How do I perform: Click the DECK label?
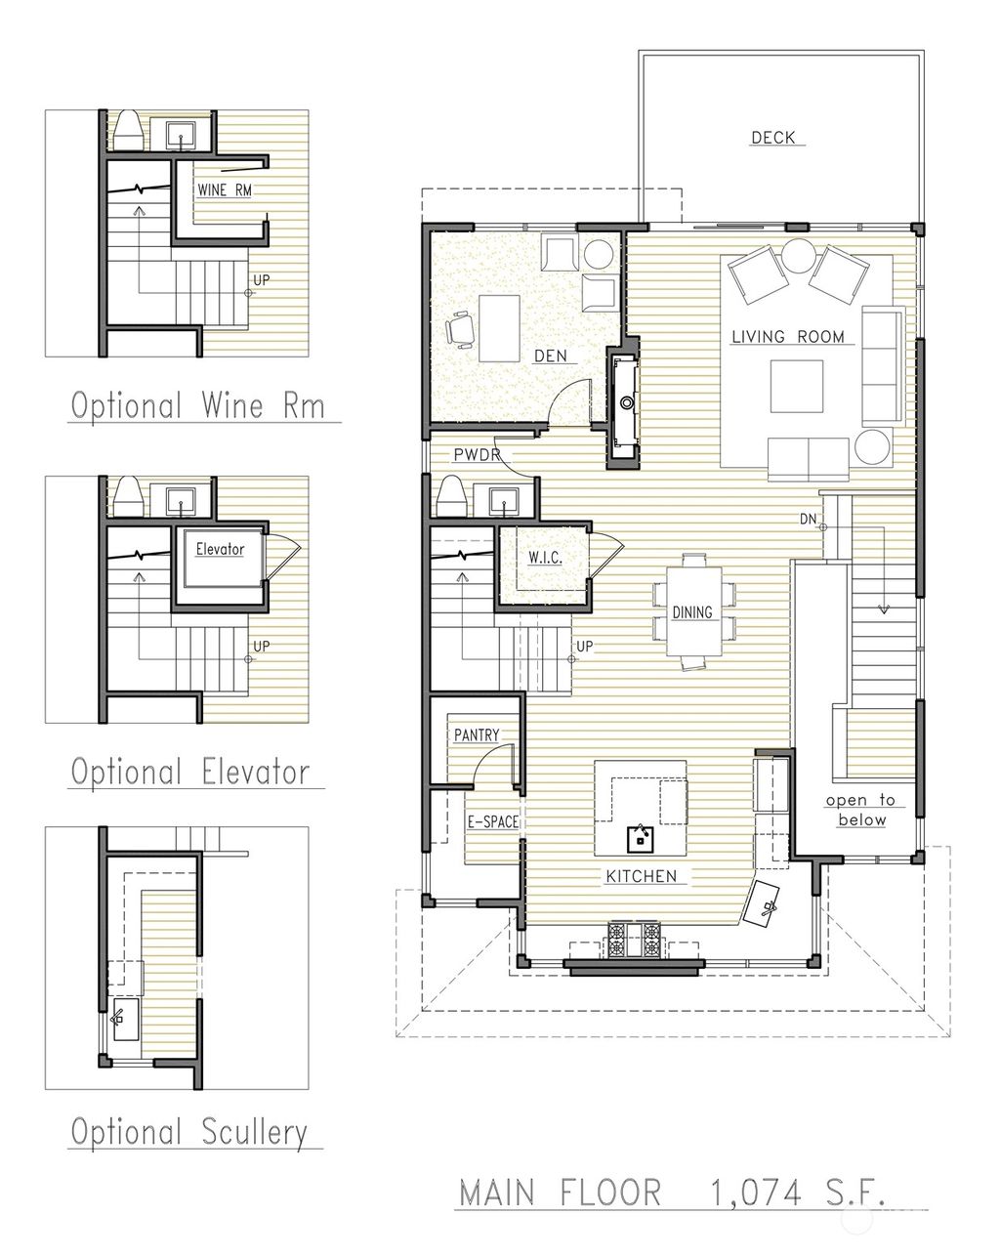[772, 138]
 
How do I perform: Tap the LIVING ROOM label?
[788, 337]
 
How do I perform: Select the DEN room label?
[550, 356]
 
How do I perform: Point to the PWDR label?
[477, 455]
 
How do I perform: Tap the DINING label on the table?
[692, 612]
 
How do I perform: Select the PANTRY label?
[476, 734]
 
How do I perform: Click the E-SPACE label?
[492, 822]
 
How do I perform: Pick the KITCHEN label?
[641, 876]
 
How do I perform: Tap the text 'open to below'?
[860, 810]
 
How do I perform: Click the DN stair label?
[808, 517]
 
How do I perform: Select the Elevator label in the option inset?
[219, 549]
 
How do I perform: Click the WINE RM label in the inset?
[224, 190]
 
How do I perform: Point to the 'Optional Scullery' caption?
[188, 1132]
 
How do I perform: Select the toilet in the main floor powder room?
[451, 495]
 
